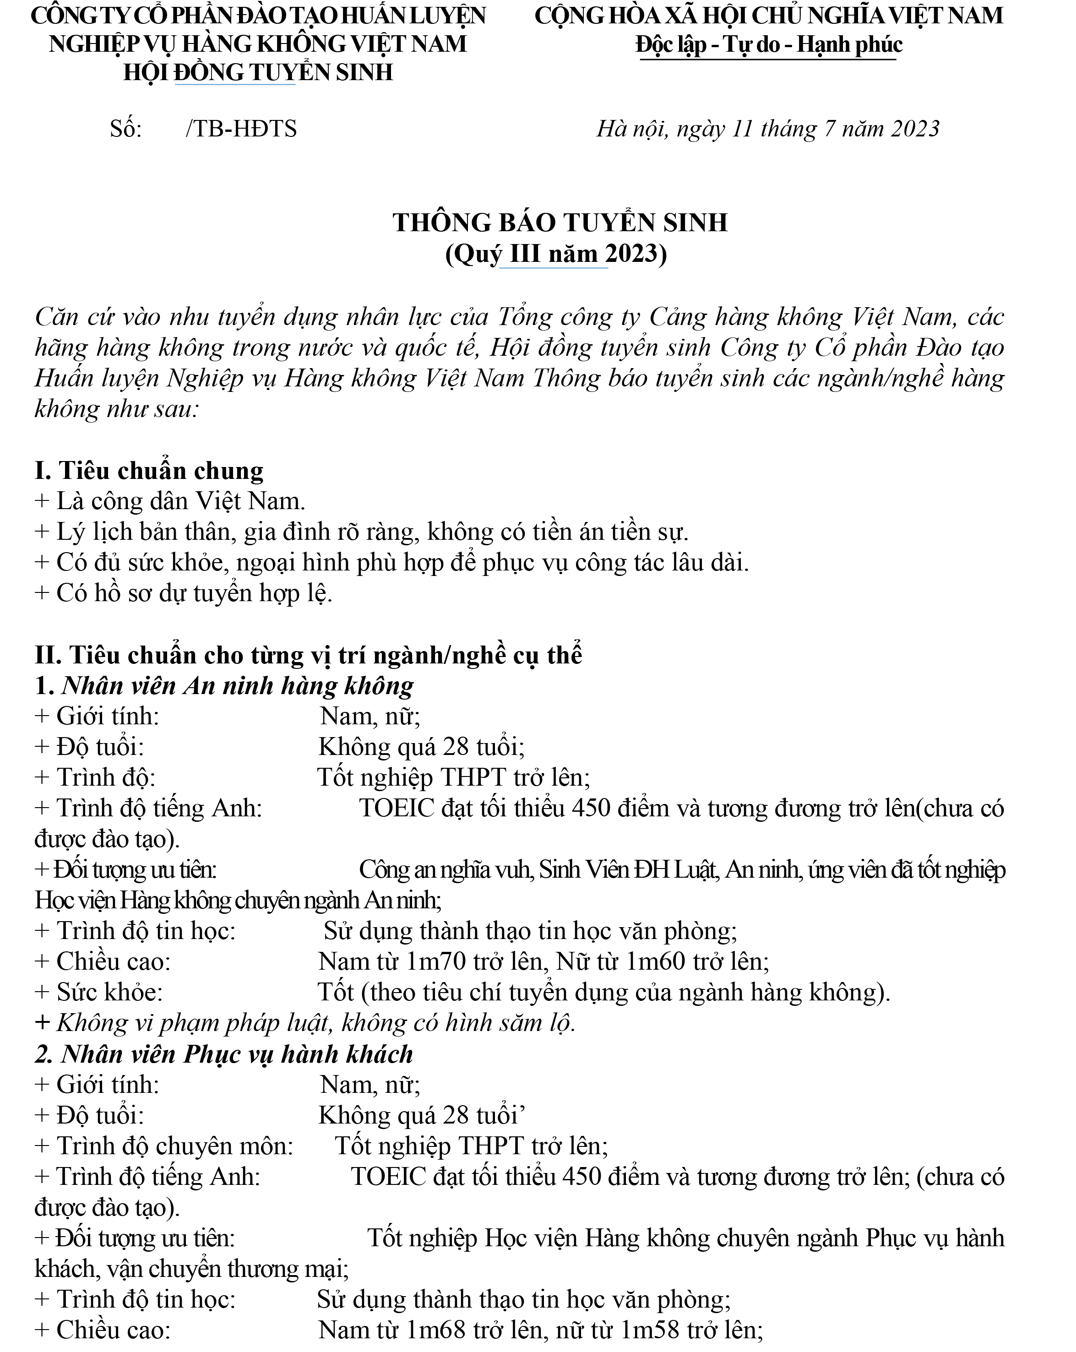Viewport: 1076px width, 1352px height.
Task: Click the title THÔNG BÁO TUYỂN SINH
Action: tap(560, 223)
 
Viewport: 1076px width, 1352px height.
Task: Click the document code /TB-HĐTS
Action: tap(241, 129)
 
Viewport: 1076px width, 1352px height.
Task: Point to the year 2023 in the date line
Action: tap(915, 129)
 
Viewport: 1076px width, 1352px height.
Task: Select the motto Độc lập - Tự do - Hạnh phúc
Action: tap(769, 44)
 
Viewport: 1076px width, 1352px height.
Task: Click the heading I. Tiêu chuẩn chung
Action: tap(149, 470)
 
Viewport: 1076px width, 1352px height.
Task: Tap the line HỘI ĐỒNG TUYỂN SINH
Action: tap(258, 73)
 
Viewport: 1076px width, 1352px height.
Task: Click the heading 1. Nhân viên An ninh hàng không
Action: tap(224, 685)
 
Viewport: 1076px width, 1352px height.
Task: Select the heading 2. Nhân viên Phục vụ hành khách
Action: tap(224, 1054)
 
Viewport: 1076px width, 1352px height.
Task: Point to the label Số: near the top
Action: tap(125, 129)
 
